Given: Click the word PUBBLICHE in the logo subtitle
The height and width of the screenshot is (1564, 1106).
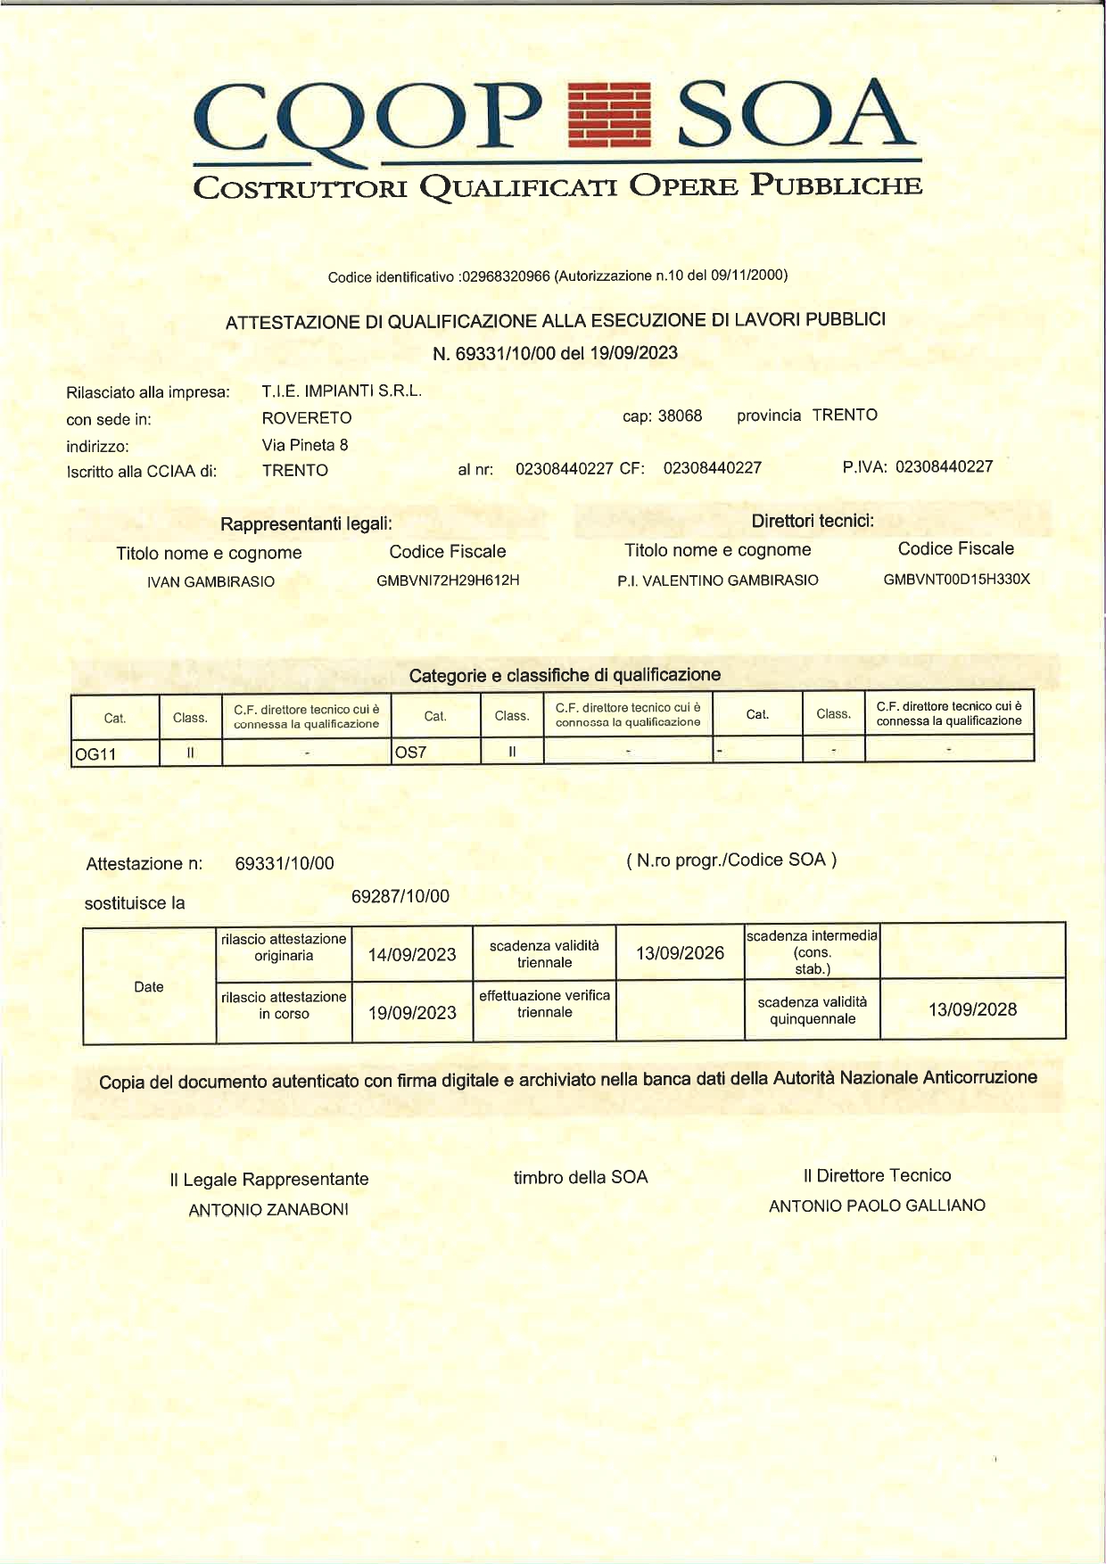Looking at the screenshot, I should click(x=836, y=185).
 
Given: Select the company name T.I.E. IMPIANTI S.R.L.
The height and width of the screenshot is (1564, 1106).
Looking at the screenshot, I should click(x=342, y=391).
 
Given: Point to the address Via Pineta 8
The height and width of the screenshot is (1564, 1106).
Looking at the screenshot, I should click(x=305, y=444).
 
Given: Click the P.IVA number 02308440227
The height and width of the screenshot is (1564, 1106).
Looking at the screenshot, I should click(x=944, y=466).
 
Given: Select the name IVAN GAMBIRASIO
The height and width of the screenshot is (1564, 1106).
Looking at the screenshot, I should click(x=210, y=581).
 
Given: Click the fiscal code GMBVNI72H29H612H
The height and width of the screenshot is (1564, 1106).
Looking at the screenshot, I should click(x=448, y=580).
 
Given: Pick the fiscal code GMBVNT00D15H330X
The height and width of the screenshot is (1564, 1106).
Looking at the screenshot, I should click(x=956, y=579).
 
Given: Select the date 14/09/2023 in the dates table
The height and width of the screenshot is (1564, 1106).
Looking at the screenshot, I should click(x=412, y=955).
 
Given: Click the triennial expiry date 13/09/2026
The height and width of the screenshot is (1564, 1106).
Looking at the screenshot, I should click(x=680, y=953).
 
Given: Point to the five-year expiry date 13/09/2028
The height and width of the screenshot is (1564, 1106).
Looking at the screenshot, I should click(x=972, y=1009).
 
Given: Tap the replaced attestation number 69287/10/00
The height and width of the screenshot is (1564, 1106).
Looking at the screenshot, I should click(x=400, y=896).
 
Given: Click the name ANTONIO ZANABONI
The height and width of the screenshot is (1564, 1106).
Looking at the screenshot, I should click(x=268, y=1210).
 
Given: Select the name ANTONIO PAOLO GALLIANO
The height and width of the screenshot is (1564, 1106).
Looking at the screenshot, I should click(x=877, y=1206).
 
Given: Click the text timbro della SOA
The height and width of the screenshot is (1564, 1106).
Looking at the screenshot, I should click(x=581, y=1177).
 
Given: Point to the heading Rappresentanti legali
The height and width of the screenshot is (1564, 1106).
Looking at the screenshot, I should click(x=306, y=523).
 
